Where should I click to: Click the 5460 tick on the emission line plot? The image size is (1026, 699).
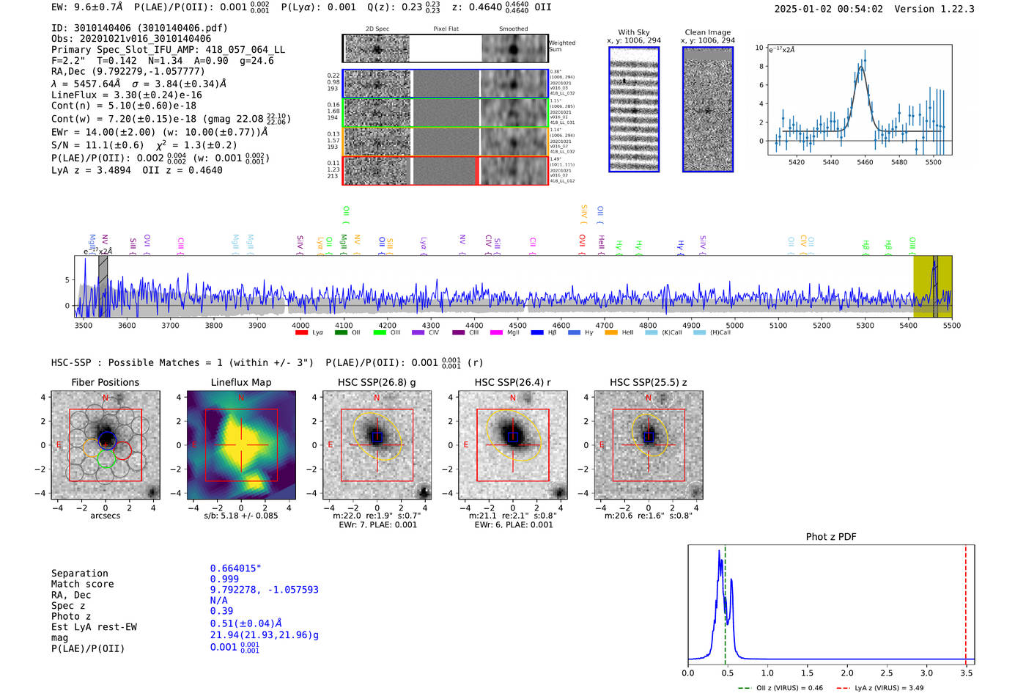pos(865,162)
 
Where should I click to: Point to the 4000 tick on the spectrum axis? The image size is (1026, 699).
pos(300,326)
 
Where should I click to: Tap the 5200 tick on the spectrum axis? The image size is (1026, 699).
pos(822,326)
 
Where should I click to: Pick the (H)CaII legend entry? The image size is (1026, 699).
pos(720,333)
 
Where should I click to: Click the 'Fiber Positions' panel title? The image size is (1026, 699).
pos(105,382)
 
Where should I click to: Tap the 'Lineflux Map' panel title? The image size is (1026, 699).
pos(241,382)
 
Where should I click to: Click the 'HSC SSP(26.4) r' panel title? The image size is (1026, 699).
pos(512,382)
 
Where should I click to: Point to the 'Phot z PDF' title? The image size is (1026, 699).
pos(831,537)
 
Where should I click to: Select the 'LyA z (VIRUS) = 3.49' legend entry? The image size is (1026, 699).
pos(889,688)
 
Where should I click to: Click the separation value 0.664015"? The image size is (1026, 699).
pos(235,568)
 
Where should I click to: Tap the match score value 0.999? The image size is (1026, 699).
pos(224,579)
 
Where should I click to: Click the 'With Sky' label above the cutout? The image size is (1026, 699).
pos(634,32)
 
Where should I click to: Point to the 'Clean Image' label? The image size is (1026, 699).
pos(707,32)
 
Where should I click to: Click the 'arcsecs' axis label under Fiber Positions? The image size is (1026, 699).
pos(105,516)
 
